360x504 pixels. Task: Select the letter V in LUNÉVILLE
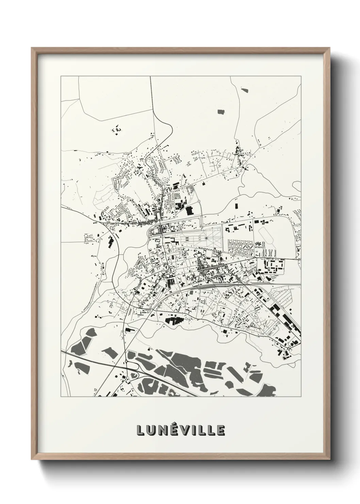pos(183,430)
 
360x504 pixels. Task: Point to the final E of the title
pos(220,430)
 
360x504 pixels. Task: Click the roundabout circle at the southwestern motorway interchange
pos(126,361)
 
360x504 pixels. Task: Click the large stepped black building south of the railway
pos(174,320)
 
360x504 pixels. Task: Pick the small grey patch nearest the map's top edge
pos(244,90)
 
